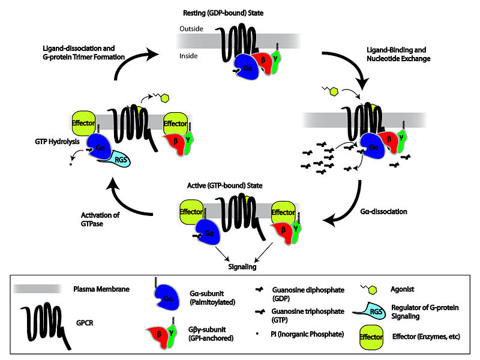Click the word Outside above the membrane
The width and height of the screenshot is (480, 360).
click(190, 28)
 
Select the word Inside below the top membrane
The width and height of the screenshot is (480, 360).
click(188, 56)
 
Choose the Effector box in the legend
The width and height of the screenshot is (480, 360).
click(376, 337)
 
